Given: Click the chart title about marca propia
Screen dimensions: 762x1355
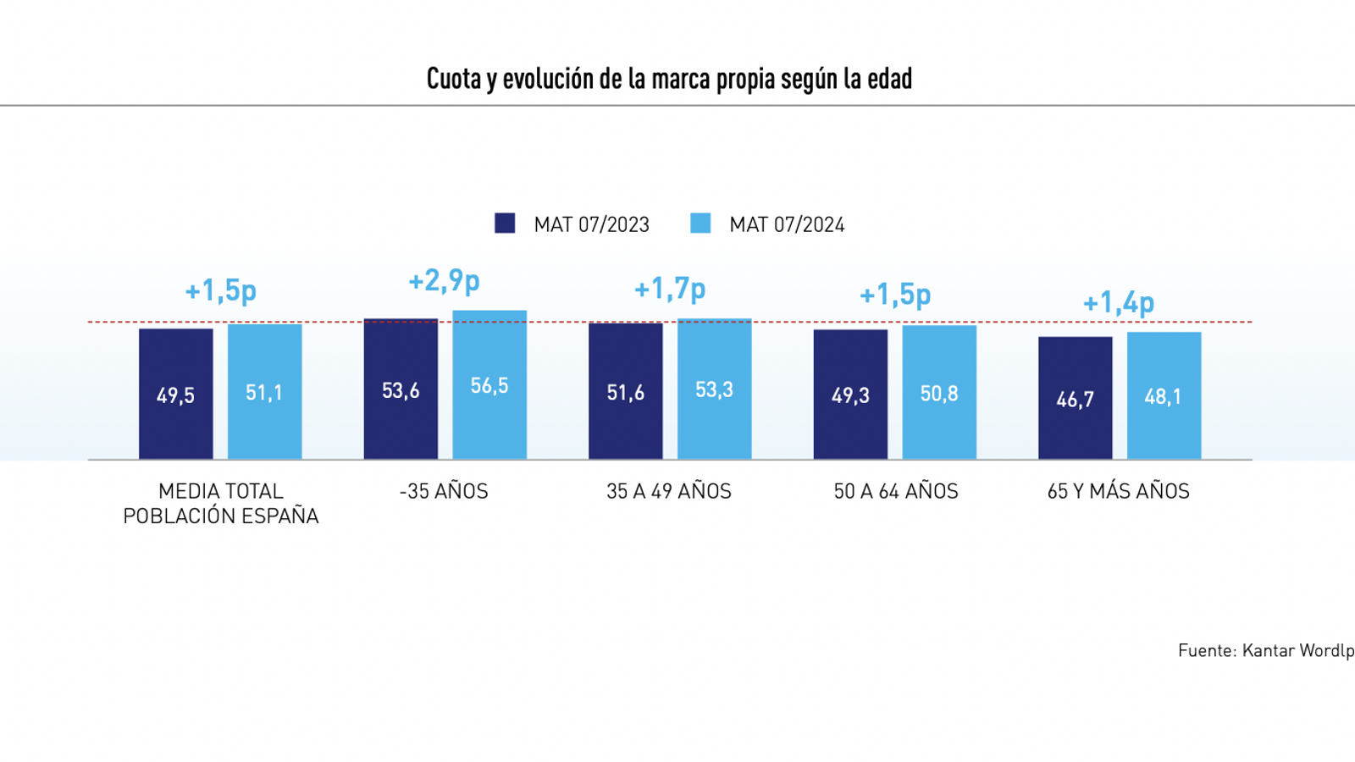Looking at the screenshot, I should click(669, 79).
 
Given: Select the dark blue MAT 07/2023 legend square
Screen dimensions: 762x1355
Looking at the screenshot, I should click(505, 224).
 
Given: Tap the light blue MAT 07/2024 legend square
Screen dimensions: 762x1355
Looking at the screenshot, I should click(700, 224).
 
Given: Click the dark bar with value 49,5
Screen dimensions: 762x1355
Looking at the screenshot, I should click(176, 394).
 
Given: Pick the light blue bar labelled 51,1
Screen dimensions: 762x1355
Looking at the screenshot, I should click(264, 391).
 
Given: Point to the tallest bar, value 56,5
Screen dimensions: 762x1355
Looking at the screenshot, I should click(489, 384).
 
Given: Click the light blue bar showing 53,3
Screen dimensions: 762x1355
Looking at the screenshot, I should click(714, 389).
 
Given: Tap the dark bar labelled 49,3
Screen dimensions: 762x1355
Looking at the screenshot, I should click(850, 394).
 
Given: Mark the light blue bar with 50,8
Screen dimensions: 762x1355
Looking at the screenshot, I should click(939, 392).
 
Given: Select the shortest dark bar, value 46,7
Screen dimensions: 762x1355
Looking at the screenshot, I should click(1076, 398).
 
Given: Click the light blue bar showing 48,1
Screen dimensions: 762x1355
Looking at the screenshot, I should click(1164, 395).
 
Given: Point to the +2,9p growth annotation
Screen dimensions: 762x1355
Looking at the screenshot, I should click(445, 280).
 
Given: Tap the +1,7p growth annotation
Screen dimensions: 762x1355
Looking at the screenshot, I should click(670, 289).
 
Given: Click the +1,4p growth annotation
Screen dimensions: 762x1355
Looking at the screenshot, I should click(1119, 302).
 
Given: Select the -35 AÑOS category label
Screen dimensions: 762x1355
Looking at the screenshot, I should click(444, 491).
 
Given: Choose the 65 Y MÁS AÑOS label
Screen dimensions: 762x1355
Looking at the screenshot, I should click(1118, 491).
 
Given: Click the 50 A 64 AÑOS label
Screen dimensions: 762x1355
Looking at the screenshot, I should click(896, 491).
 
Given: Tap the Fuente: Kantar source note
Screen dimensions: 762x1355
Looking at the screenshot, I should click(1265, 650).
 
